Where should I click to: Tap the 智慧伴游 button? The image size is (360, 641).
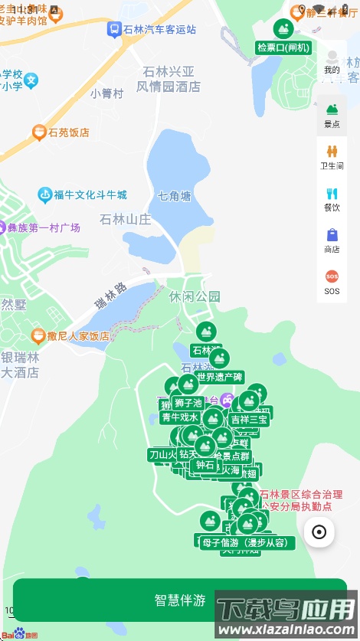(x=179, y=600)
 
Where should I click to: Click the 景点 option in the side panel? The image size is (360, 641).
(x=332, y=116)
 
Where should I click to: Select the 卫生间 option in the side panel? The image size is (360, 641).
(x=332, y=157)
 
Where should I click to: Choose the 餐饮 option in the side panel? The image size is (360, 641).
(x=332, y=199)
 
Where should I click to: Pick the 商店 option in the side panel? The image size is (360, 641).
(x=332, y=240)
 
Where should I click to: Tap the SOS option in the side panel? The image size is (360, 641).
(x=332, y=282)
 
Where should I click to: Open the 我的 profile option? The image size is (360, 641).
(x=332, y=61)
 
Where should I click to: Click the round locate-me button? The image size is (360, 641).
(x=319, y=531)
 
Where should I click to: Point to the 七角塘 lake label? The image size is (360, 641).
(x=175, y=195)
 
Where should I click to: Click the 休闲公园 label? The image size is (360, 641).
(x=195, y=296)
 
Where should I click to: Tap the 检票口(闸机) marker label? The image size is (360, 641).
(x=283, y=47)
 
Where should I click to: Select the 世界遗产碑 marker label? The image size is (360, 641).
(x=220, y=377)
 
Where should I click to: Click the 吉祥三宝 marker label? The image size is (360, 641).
(x=249, y=419)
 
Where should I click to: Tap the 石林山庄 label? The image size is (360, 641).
(x=126, y=220)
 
